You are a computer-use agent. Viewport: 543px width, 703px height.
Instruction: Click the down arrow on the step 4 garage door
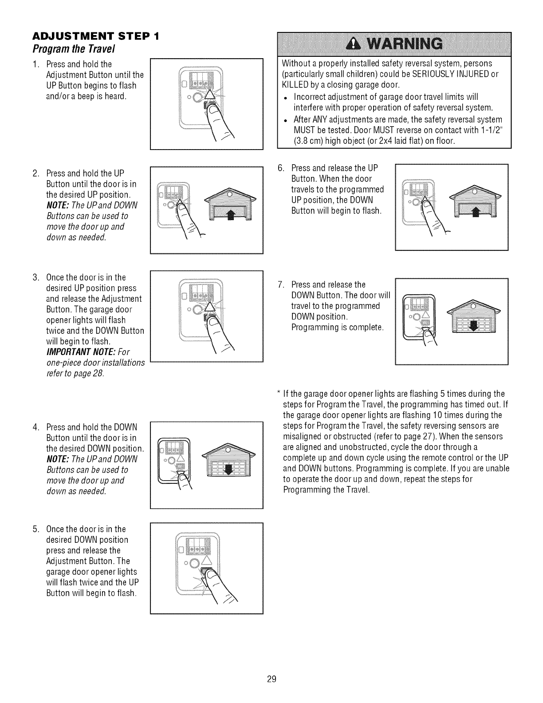(x=230, y=470)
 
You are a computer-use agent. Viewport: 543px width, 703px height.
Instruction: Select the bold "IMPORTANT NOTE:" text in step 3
(x=75, y=352)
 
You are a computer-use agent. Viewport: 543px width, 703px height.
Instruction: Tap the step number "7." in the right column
(x=280, y=284)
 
